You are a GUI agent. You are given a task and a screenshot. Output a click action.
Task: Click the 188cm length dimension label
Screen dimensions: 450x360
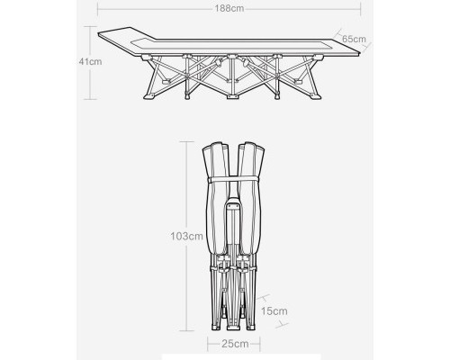229,8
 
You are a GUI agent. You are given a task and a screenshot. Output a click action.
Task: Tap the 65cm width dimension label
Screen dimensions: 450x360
354,39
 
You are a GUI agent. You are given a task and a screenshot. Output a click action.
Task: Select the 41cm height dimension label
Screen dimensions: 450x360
90,61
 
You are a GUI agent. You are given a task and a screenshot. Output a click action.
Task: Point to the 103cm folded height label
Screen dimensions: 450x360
187,237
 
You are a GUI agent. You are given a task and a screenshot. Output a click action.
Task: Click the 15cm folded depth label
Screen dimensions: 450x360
274,311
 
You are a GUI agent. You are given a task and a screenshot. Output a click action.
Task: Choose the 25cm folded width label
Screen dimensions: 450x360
235,344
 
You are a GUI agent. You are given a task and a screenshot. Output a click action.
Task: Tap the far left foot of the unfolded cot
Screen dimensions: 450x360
149,96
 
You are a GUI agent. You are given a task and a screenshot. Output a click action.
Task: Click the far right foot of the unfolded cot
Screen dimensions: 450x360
316,96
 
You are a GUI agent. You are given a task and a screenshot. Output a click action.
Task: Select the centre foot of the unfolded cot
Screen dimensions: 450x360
231,97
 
